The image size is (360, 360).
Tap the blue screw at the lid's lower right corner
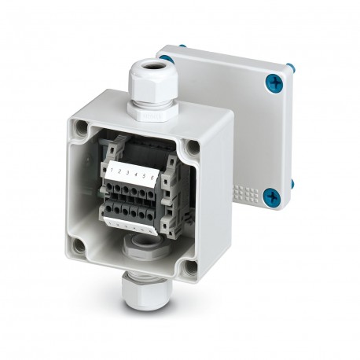coord(272,196)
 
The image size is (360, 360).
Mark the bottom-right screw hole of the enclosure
coord(189,267)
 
